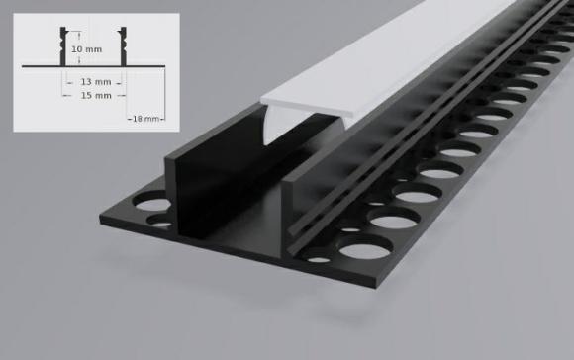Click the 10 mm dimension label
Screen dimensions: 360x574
click(88, 48)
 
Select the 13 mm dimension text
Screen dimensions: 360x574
click(96, 81)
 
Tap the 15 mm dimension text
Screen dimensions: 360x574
click(96, 96)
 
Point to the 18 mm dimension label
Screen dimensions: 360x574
click(144, 118)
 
